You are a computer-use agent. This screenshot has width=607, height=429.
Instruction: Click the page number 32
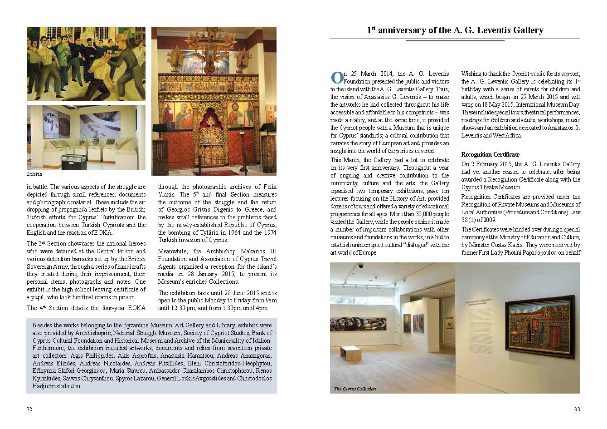[29, 409]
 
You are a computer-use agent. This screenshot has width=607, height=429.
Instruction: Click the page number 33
[577, 409]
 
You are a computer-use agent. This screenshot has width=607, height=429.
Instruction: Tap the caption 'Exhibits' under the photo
[34, 174]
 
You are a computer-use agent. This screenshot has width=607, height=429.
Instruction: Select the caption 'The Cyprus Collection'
[355, 389]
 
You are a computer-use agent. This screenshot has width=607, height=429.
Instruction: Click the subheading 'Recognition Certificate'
[484, 154]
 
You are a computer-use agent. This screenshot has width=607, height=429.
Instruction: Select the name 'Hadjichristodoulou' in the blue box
[57, 386]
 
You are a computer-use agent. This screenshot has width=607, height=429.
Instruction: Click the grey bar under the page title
[455, 40]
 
